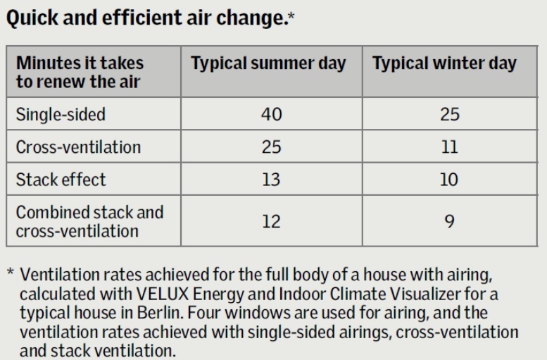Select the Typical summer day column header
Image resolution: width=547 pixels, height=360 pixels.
pyautogui.click(x=269, y=64)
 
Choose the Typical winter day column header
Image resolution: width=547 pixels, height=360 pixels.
pyautogui.click(x=444, y=64)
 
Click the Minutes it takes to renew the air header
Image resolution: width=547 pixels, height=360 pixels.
pyautogui.click(x=80, y=73)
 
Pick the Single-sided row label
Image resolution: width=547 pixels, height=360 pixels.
pyautogui.click(x=61, y=115)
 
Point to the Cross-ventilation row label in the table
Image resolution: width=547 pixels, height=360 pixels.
pyautogui.click(x=78, y=147)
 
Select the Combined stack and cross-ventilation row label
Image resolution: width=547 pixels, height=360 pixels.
pyautogui.click(x=89, y=221)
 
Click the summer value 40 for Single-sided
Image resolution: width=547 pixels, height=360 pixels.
pyautogui.click(x=271, y=115)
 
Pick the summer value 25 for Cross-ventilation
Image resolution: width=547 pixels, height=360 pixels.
pyautogui.click(x=271, y=147)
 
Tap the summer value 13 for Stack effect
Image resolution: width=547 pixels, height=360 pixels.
pyautogui.click(x=271, y=179)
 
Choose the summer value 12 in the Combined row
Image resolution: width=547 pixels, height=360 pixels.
pyautogui.click(x=271, y=221)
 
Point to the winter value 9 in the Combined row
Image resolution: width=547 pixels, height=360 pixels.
pyautogui.click(x=449, y=221)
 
